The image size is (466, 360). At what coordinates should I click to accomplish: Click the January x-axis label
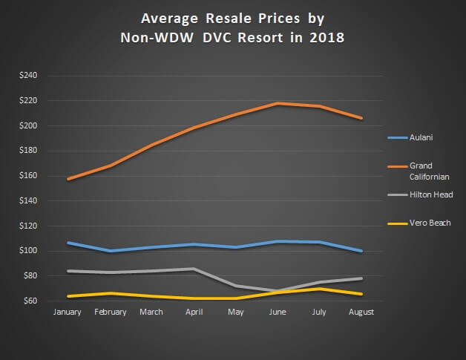tap(68, 312)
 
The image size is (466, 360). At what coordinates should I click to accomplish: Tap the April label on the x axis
tap(194, 312)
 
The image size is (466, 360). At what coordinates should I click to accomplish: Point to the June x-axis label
tap(278, 312)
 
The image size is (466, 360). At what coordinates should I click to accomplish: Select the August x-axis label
tap(361, 312)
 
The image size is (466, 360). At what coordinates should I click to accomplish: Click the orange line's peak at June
tap(278, 103)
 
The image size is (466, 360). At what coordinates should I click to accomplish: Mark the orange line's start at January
tap(68, 179)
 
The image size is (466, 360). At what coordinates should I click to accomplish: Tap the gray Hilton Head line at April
tap(194, 269)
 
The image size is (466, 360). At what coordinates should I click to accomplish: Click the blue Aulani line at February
tap(111, 251)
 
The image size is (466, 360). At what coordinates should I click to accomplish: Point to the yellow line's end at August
tap(361, 294)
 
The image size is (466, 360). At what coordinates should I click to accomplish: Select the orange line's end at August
tap(361, 118)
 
